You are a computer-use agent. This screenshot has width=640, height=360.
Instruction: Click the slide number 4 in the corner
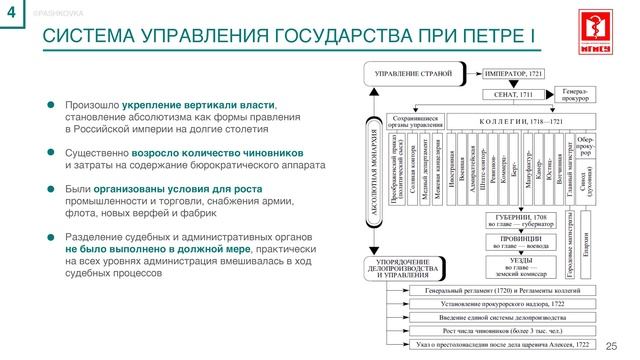pos(11,11)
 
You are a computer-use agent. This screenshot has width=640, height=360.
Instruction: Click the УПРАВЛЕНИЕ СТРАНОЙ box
pos(413,74)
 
